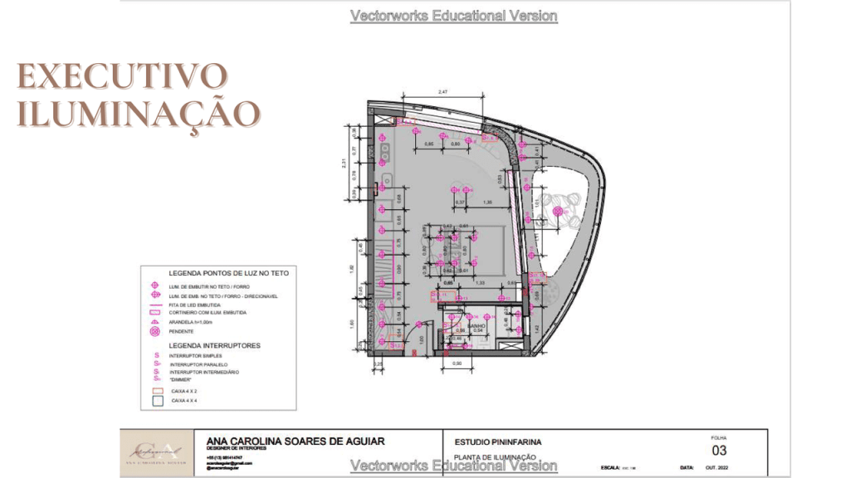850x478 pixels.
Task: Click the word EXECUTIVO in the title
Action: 123,76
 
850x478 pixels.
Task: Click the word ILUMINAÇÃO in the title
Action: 138,113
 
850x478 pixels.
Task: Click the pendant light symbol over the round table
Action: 558,213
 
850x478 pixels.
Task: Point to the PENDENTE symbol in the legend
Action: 154,331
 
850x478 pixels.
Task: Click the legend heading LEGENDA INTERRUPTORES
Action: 214,344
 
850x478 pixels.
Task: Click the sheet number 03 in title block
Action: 720,451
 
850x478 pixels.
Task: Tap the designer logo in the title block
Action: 157,452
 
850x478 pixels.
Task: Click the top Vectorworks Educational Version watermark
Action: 453,16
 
